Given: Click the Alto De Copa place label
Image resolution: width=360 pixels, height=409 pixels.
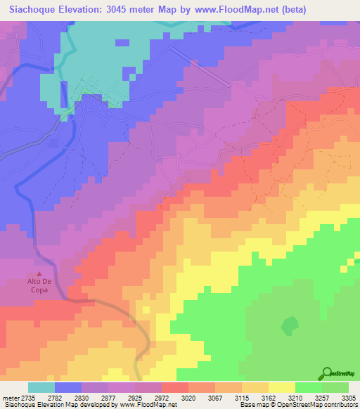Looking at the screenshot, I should [x=39, y=285].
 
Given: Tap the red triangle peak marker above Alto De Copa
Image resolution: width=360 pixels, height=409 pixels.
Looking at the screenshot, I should [x=39, y=273].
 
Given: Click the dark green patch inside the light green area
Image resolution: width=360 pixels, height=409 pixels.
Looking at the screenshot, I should [x=289, y=325].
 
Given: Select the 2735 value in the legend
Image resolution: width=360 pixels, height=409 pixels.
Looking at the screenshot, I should [x=27, y=398].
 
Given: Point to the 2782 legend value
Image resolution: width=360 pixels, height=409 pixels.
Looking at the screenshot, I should [x=61, y=398].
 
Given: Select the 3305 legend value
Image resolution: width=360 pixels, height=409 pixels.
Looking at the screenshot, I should [x=340, y=398].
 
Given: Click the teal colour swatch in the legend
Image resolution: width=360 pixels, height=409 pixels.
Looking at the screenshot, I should [x=41, y=387].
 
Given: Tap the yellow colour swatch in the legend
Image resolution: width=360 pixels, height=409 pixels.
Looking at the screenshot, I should [x=281, y=387].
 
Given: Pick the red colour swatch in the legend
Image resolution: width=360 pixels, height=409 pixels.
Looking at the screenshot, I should [x=174, y=387].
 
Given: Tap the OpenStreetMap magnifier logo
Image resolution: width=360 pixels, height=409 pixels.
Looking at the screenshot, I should [x=328, y=373].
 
